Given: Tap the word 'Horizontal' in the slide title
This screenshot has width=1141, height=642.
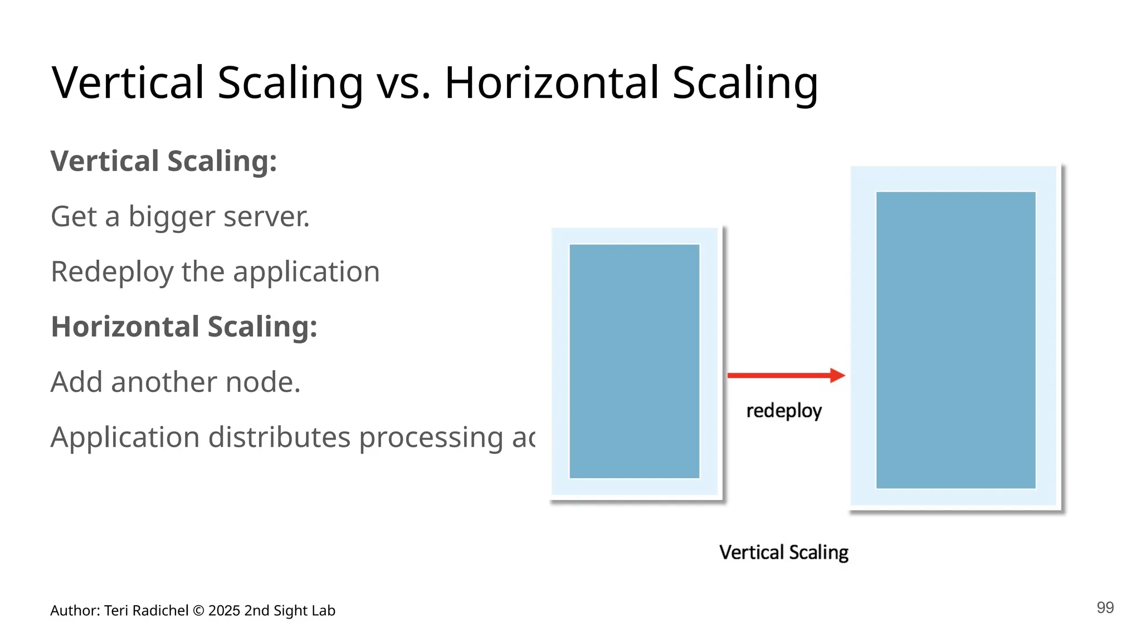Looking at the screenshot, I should pos(552,84).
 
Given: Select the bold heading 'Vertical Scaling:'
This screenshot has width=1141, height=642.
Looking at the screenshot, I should pos(164,161).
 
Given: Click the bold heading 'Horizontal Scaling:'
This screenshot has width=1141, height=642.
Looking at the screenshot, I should pos(184,327).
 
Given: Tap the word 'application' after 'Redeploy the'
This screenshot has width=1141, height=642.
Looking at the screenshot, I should pos(306,273).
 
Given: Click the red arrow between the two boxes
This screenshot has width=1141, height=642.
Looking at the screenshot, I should pos(786,376).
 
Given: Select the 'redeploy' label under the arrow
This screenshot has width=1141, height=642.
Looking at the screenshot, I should pos(784,411).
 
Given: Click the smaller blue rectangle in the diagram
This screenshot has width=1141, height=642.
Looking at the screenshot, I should pos(634,361).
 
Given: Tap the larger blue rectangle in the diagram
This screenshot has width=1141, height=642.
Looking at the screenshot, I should pos(955,340).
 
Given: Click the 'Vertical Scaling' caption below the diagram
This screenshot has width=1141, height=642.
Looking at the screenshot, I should pos(784,552).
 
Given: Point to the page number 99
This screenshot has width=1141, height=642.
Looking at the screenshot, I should pos(1105,607).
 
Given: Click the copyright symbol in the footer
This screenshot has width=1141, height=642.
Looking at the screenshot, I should pos(198,611).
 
